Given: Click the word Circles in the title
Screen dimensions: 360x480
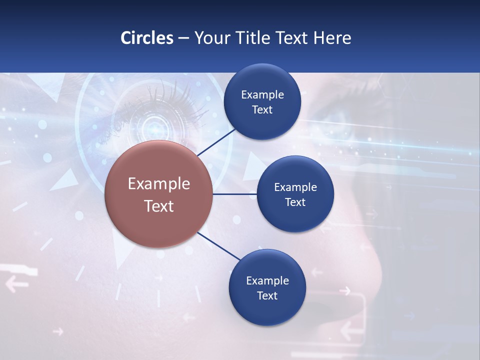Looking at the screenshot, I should tap(146, 37).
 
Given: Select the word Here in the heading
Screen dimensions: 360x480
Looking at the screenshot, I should tap(332, 37).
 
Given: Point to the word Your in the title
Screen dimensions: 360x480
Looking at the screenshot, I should tap(210, 37).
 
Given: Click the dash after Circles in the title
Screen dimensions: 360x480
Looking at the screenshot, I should tap(183, 38).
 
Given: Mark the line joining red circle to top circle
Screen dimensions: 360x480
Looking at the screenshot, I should tap(217, 142).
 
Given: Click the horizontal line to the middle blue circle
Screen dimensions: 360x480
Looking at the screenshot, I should tap(234, 194).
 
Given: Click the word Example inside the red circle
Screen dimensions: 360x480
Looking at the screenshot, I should tap(158, 184).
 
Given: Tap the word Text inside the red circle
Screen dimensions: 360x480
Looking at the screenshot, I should tap(158, 206).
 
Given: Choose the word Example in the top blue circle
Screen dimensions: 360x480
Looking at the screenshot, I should tap(262, 95).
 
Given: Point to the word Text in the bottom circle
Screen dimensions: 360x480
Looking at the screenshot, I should tap(267, 295).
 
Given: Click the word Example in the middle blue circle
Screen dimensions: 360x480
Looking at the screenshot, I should tap(295, 187).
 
